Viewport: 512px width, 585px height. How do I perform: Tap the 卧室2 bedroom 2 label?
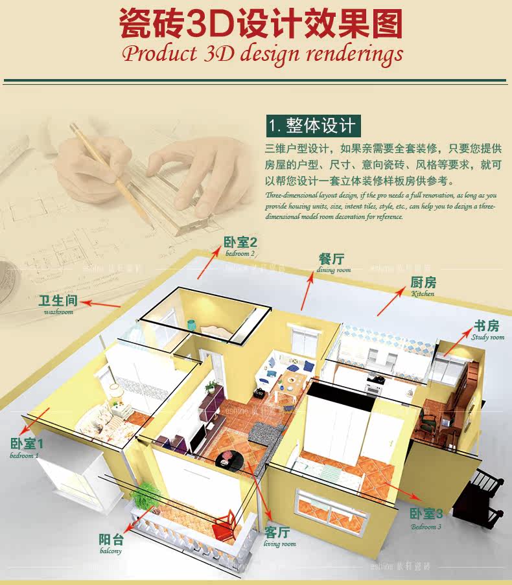click(x=240, y=246)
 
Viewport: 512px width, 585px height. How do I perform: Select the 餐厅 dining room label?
click(x=332, y=262)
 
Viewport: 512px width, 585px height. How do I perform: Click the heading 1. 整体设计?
click(x=312, y=124)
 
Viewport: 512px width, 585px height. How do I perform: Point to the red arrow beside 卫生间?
click(x=102, y=303)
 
